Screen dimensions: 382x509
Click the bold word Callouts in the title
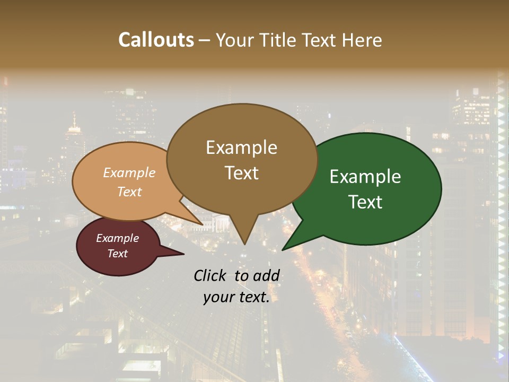(156, 40)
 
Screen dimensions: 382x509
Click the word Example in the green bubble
(365, 177)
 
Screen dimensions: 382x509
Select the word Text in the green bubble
(365, 202)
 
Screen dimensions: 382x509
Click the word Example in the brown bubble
(241, 147)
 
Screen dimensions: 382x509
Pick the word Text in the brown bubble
(241, 173)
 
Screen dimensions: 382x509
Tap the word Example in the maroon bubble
(117, 238)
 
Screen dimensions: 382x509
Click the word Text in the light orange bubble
(129, 192)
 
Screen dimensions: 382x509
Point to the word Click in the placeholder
(210, 275)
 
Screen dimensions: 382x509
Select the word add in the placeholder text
(266, 275)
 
